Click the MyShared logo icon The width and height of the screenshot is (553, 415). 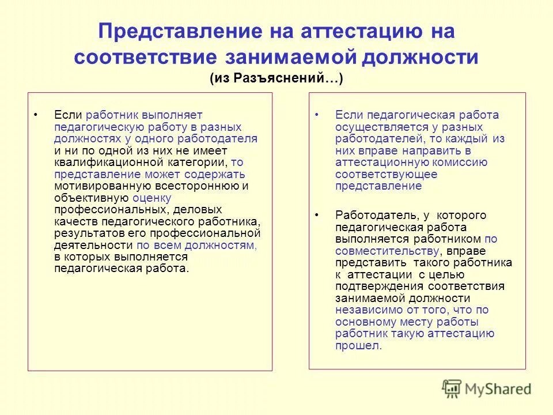[452, 388]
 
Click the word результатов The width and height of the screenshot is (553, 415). [83, 233]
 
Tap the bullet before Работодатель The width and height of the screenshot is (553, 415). [317, 215]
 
